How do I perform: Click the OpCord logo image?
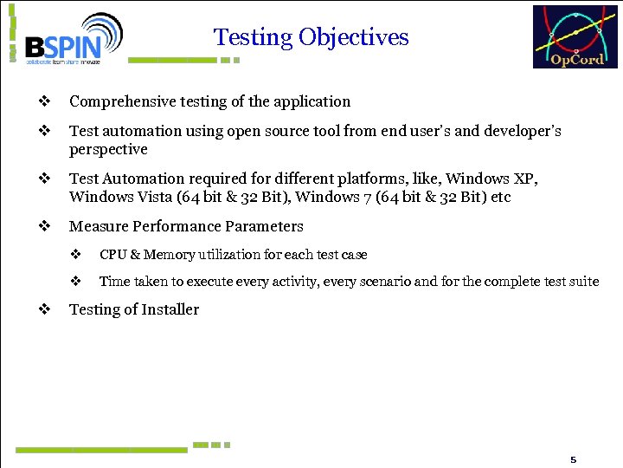click(575, 36)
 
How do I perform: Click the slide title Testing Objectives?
click(311, 37)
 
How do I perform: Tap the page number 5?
click(573, 458)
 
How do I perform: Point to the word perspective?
click(108, 149)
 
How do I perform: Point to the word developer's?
click(522, 131)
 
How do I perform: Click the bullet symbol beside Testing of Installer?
click(42, 309)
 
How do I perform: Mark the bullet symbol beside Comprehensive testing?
click(42, 101)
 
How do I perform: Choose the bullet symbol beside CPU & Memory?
click(75, 255)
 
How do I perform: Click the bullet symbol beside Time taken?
click(75, 281)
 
